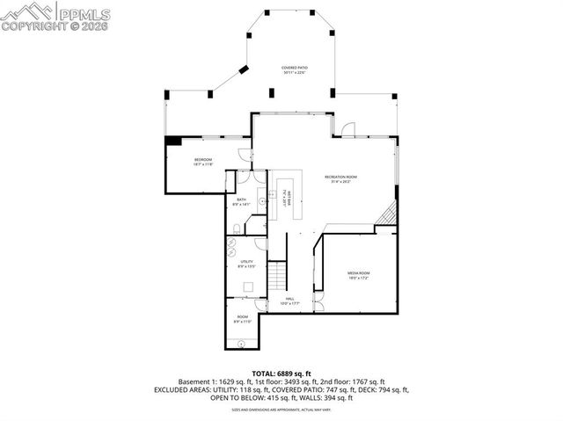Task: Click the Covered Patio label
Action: pos(293,70)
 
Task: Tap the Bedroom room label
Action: pos(203,162)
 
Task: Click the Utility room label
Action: pos(246,264)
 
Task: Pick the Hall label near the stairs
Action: pos(289,301)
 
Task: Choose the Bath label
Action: pos(242,201)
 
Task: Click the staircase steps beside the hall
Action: pos(278,276)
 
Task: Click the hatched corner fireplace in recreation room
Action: pos(386,214)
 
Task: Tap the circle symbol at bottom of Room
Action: pos(240,343)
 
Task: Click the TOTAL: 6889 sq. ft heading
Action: pos(281,374)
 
